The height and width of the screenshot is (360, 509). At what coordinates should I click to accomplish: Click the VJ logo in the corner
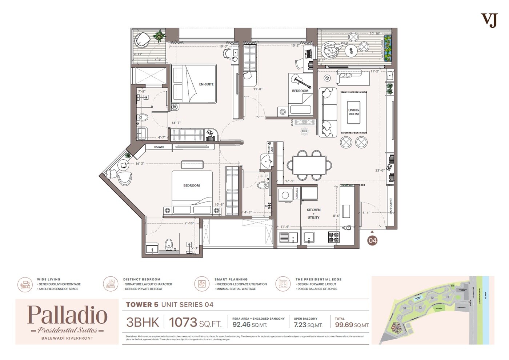coord(489,20)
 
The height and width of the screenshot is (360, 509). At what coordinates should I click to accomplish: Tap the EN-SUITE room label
coord(206,84)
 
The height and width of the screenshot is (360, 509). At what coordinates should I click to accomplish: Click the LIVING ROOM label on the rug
coord(353,112)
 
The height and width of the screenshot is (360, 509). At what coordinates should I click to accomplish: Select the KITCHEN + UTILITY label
coord(313,214)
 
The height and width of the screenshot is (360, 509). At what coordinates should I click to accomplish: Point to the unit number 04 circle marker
coord(372,240)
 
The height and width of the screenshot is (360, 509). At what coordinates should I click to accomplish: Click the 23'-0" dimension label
coord(380,170)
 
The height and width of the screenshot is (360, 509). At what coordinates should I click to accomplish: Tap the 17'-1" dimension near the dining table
coord(289,181)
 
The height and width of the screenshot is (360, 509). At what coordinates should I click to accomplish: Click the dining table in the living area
coord(309,165)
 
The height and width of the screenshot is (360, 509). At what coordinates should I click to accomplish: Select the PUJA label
coord(304,131)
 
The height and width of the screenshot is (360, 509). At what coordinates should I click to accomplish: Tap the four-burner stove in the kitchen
coord(334,237)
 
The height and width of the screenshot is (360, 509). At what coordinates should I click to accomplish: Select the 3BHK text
coord(143,322)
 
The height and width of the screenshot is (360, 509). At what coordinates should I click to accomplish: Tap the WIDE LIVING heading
coord(48,279)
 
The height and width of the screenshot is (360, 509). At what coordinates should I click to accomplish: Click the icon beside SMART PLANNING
coord(201,284)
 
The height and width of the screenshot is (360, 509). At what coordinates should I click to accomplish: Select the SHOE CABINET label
coord(391,206)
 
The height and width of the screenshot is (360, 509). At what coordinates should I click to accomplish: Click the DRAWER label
coord(159,147)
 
